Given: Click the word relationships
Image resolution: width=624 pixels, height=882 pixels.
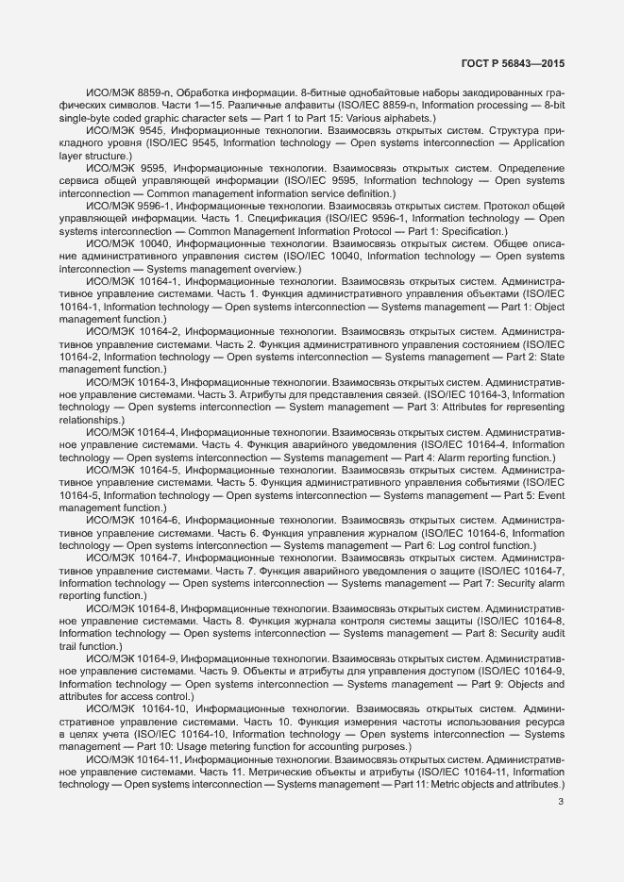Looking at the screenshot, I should click(x=90, y=419).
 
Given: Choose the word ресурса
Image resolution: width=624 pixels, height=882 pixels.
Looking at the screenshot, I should click(x=543, y=721).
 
